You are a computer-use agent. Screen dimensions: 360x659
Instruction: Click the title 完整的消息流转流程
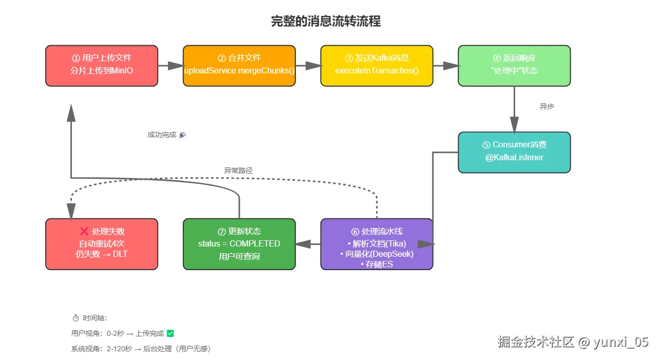pyautogui.click(x=326, y=22)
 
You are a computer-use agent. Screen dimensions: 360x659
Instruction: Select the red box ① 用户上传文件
pyautogui.click(x=101, y=65)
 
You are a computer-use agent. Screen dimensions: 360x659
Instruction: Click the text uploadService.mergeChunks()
pyautogui.click(x=239, y=70)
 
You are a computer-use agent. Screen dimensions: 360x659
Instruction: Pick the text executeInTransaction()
pyautogui.click(x=376, y=70)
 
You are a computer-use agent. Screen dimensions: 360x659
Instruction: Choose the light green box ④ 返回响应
pyautogui.click(x=514, y=65)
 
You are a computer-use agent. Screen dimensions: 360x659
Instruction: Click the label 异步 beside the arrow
pyautogui.click(x=547, y=106)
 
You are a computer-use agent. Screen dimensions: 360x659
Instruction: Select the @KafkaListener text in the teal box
pyautogui.click(x=514, y=157)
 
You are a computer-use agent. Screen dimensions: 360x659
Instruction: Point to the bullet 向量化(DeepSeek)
pyautogui.click(x=376, y=254)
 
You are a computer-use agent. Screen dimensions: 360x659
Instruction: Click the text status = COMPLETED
pyautogui.click(x=239, y=243)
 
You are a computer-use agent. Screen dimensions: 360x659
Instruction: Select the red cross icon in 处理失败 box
pyautogui.click(x=84, y=232)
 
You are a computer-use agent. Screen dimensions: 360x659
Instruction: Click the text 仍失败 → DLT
pyautogui.click(x=101, y=254)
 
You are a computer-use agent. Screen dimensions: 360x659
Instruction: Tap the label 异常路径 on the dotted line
pyautogui.click(x=238, y=170)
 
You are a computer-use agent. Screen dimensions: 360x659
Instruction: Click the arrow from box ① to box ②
pyautogui.click(x=170, y=65)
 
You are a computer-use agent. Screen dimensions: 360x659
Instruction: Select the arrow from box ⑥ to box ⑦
pyautogui.click(x=308, y=244)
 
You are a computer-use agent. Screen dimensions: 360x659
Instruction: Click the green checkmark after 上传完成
pyautogui.click(x=171, y=333)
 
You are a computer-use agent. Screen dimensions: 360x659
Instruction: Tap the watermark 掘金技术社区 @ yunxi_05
pyautogui.click(x=573, y=342)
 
